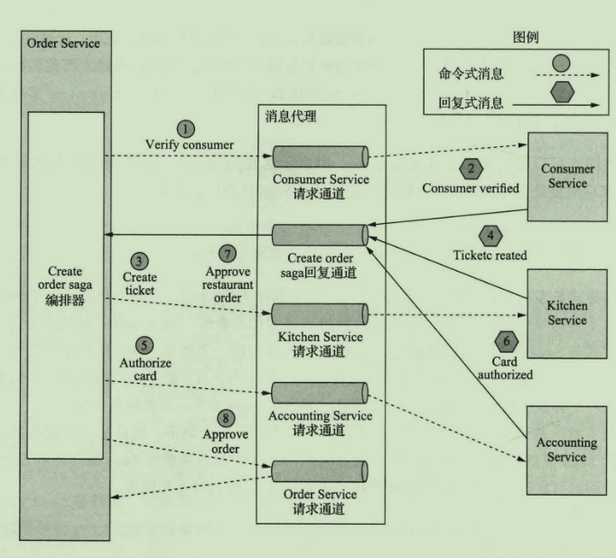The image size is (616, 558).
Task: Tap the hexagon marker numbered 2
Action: tap(470, 169)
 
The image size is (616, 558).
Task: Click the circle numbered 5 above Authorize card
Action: tap(143, 344)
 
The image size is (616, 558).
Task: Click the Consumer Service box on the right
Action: tap(567, 177)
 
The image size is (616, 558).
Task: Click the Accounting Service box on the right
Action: tap(567, 449)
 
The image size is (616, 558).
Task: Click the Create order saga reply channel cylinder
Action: tap(322, 235)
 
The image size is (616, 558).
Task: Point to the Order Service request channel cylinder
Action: tap(322, 470)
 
